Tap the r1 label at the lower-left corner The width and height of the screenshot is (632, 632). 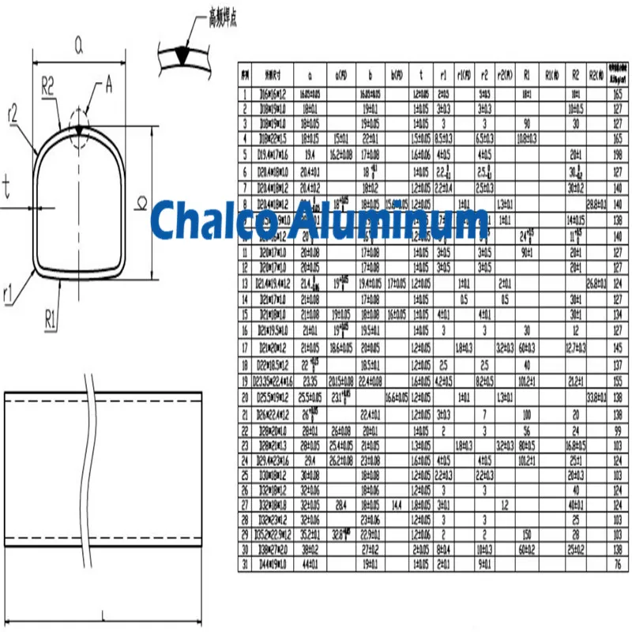[x=9, y=294]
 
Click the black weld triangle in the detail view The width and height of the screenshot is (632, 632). [x=183, y=54]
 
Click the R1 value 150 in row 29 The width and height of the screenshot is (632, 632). [x=526, y=534]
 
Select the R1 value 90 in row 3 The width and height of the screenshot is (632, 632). [x=526, y=124]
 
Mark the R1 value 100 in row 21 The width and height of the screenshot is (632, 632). [x=526, y=414]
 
